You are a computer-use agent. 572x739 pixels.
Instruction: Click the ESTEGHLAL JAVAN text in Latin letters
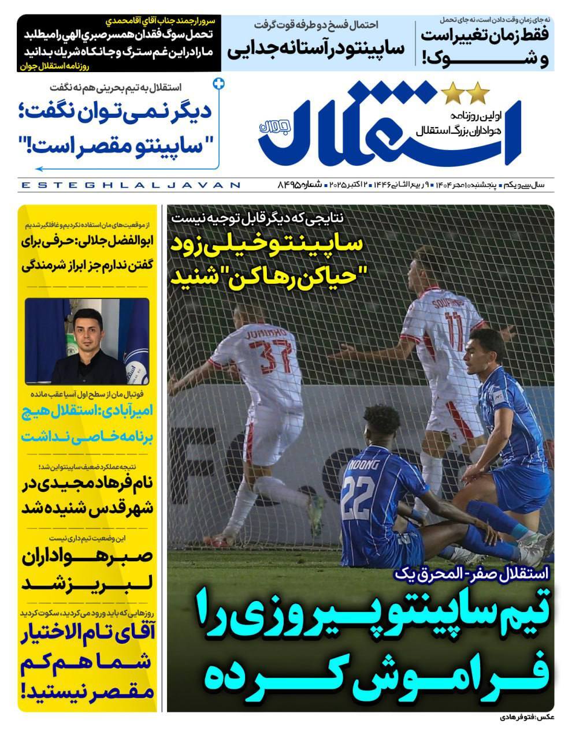tap(130, 185)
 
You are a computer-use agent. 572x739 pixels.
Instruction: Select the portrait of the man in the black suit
tap(87, 341)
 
